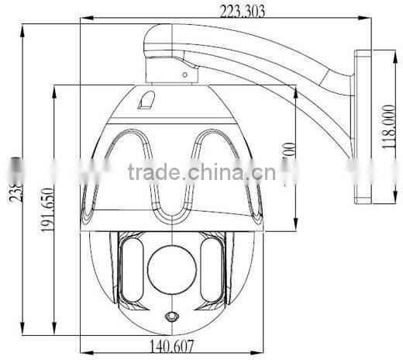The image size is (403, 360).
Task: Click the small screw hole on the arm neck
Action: pyautogui.click(x=186, y=75)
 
